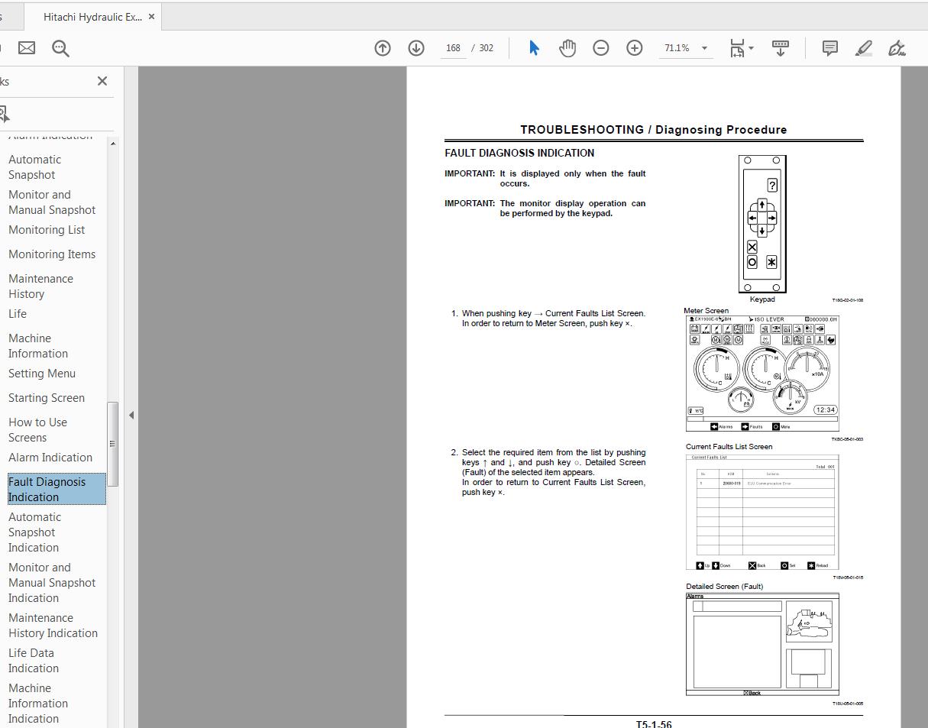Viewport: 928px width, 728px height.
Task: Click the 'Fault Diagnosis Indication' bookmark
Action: coord(47,489)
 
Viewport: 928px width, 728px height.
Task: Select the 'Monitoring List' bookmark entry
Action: coord(47,230)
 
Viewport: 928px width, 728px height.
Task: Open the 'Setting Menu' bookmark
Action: coord(42,374)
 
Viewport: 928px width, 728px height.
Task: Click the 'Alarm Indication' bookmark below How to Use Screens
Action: coord(50,458)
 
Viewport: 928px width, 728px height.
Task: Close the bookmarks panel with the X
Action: coord(102,81)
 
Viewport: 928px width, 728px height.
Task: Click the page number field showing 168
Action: coord(453,48)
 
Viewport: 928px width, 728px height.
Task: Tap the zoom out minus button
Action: coord(601,48)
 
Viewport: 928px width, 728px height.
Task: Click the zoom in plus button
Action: coord(635,48)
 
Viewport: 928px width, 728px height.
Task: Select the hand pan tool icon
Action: coord(567,48)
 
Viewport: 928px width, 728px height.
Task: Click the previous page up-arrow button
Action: coord(383,48)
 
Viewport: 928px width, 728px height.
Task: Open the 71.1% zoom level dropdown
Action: coord(704,48)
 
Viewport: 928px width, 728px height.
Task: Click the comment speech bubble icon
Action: coord(829,48)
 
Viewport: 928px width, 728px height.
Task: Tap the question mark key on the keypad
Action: coord(772,186)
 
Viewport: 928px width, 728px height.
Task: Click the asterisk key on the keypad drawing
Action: coord(771,262)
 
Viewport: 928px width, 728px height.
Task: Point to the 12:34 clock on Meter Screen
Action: coord(826,409)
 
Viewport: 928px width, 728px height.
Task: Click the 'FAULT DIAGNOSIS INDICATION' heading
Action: coord(519,153)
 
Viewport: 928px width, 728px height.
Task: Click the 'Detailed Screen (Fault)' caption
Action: coord(724,587)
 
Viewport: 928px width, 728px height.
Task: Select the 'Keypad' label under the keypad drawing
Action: coord(761,299)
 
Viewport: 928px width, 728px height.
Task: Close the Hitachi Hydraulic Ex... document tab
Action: coord(152,17)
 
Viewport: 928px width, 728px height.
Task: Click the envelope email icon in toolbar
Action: coord(27,48)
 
